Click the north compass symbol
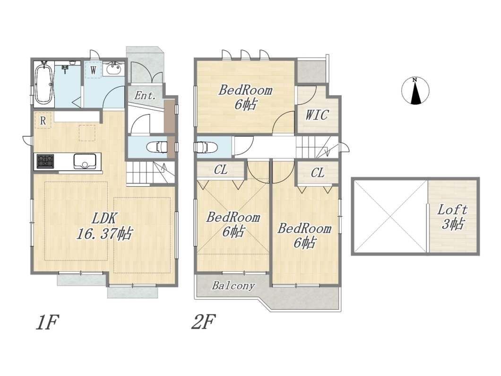click(x=415, y=91)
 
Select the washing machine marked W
click(x=93, y=70)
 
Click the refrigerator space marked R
click(x=43, y=121)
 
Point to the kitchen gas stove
click(x=45, y=161)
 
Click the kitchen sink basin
click(x=85, y=161)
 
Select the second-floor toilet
click(x=206, y=148)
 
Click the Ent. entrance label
click(x=145, y=95)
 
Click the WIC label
click(x=317, y=115)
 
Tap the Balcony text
click(x=233, y=286)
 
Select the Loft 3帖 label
click(x=452, y=217)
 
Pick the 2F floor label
click(x=203, y=322)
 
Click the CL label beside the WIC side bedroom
click(x=318, y=173)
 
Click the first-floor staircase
click(x=150, y=173)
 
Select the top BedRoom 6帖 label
click(x=245, y=97)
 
